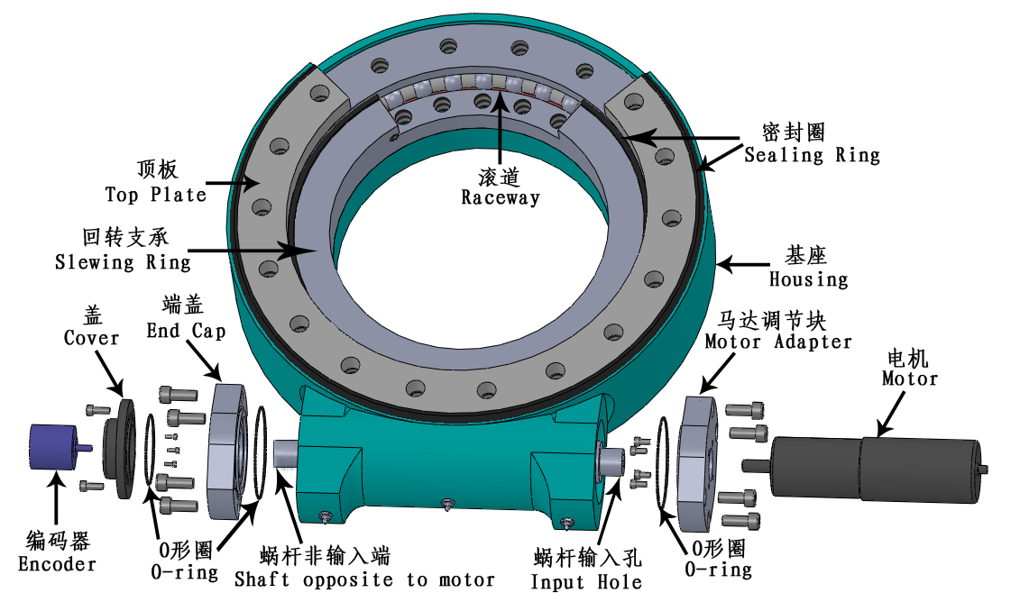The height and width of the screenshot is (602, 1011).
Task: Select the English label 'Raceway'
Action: click(501, 197)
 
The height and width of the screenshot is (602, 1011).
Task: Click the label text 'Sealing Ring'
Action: click(812, 155)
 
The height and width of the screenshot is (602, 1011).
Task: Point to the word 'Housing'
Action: click(809, 278)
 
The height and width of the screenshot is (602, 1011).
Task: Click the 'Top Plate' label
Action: click(155, 194)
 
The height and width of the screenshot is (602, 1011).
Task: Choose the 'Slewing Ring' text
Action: click(123, 261)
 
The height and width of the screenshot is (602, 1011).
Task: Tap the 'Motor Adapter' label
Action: click(778, 342)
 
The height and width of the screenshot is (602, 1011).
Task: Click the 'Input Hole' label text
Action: click(586, 582)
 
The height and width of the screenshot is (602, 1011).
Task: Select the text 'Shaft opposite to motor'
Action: click(364, 579)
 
